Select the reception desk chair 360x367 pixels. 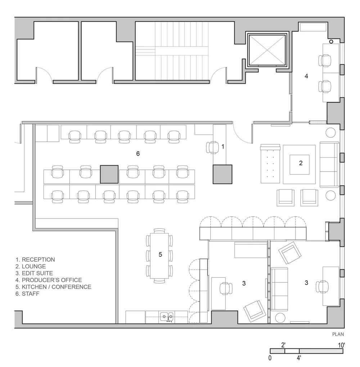[x=212, y=147]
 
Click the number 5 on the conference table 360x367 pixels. [x=160, y=254]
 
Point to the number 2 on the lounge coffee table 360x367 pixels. [x=301, y=163]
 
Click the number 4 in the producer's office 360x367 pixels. [x=306, y=76]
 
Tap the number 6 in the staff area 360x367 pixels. [x=138, y=154]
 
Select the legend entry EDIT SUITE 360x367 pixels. [x=34, y=273]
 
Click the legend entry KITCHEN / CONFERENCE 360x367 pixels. [x=53, y=287]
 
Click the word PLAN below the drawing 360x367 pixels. [x=338, y=334]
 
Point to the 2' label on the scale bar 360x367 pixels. [x=283, y=345]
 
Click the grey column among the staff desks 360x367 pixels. [x=109, y=174]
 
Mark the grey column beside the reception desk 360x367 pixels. [x=222, y=174]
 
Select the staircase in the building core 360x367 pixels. [x=172, y=50]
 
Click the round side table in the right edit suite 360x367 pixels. [x=280, y=318]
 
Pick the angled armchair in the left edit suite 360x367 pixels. [x=255, y=311]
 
